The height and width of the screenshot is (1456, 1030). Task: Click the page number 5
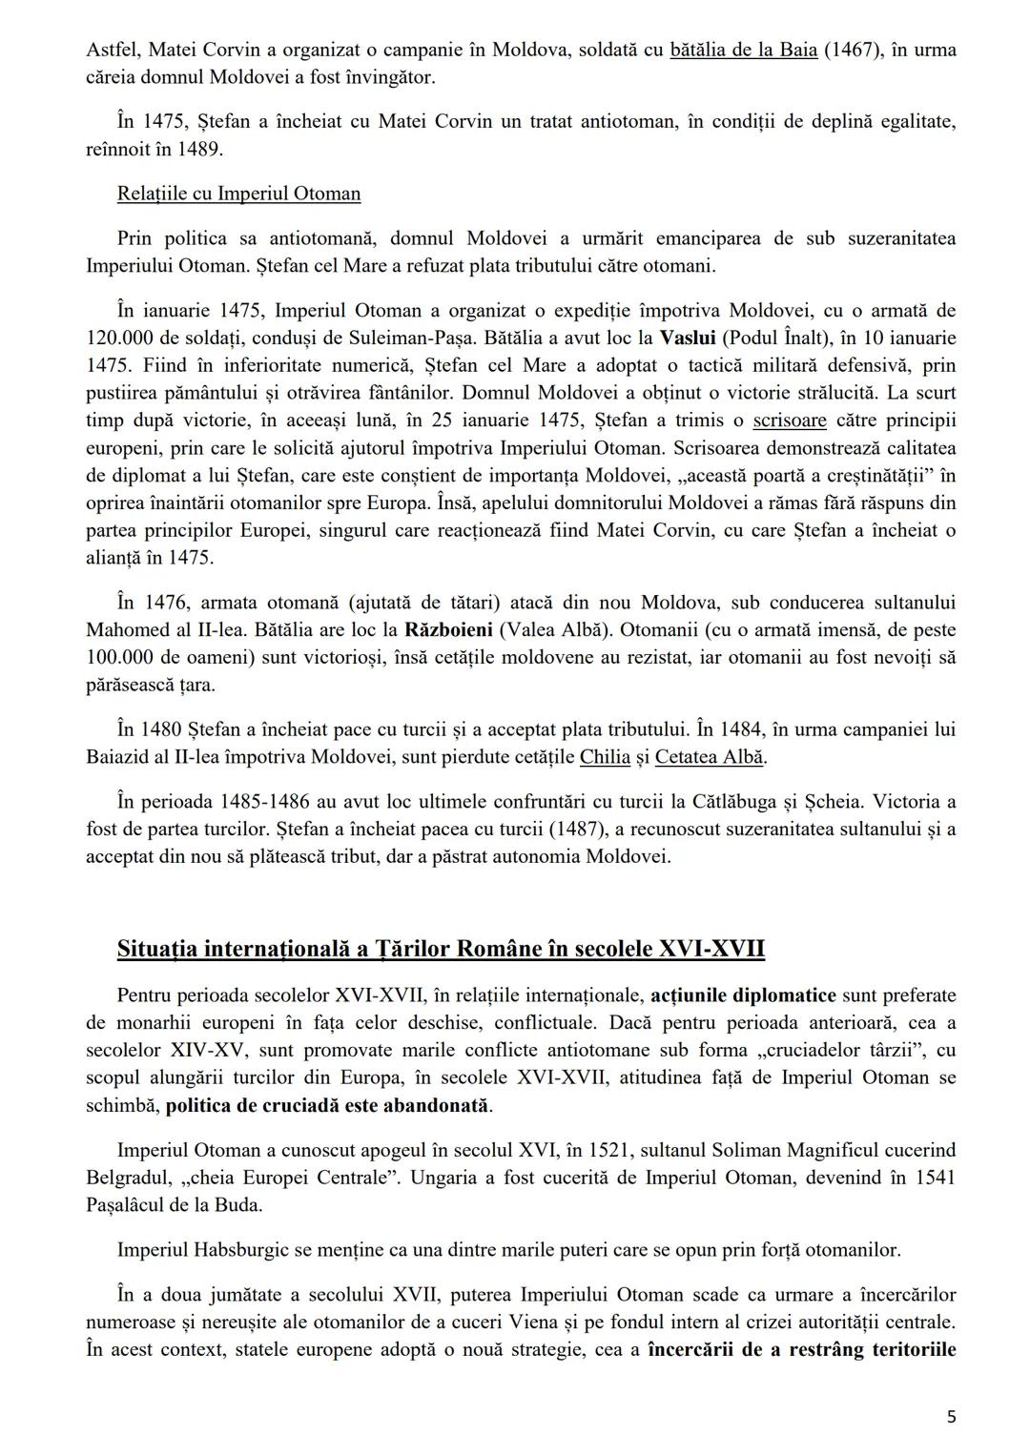[x=951, y=1417]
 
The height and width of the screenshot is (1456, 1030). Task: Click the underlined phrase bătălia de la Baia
[x=744, y=50]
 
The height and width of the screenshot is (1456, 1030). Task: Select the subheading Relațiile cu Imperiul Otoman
[x=238, y=194]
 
